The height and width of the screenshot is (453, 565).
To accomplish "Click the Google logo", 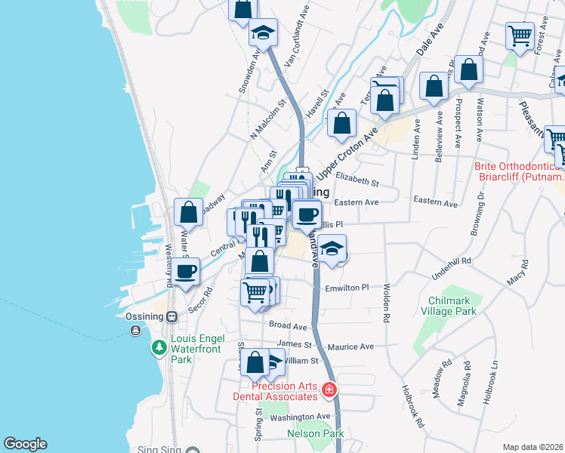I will point(25,444).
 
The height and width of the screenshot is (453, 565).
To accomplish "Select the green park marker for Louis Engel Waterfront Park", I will point(159,348).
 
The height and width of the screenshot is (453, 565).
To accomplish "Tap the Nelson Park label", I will point(316,433).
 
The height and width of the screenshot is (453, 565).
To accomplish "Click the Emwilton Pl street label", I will point(346,288).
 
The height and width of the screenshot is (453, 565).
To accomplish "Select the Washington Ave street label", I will point(301,417).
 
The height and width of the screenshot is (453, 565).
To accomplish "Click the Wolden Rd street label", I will point(386,302).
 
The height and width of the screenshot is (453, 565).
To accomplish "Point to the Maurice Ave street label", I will point(351,347).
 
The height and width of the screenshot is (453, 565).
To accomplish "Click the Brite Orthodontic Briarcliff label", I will point(519,171).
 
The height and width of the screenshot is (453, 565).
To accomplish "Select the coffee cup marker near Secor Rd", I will point(186,272).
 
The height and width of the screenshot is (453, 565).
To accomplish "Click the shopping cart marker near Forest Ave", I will point(520,35).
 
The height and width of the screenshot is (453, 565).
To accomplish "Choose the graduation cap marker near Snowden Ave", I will point(264,32).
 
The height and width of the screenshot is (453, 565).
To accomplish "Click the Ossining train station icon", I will point(171,316).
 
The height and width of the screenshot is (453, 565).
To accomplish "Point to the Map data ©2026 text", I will point(533,447).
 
